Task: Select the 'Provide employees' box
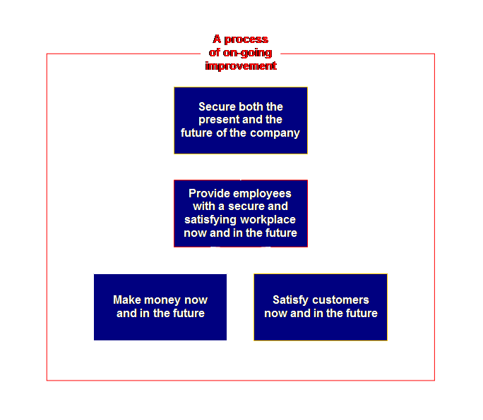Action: [240, 213]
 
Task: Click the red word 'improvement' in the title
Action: [240, 66]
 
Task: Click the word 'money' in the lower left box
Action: [162, 300]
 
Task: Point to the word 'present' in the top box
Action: [219, 120]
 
